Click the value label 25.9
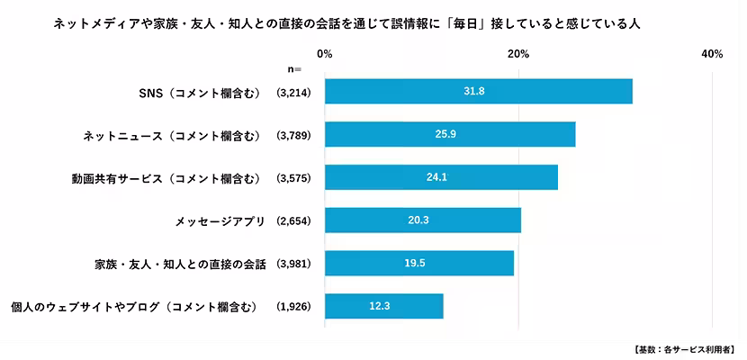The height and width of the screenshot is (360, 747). click(x=449, y=135)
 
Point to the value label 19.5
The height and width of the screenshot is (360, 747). click(x=418, y=264)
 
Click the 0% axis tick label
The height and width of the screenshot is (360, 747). click(x=325, y=55)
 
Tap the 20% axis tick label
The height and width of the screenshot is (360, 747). click(x=518, y=55)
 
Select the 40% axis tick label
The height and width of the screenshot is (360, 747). click(x=712, y=55)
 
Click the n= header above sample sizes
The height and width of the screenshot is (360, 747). click(x=294, y=68)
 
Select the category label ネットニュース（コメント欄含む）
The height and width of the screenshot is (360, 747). click(x=171, y=135)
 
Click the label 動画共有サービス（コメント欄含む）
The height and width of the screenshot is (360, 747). click(x=166, y=177)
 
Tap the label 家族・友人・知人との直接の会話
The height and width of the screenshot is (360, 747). click(x=180, y=264)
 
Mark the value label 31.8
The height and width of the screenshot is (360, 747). click(x=478, y=92)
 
